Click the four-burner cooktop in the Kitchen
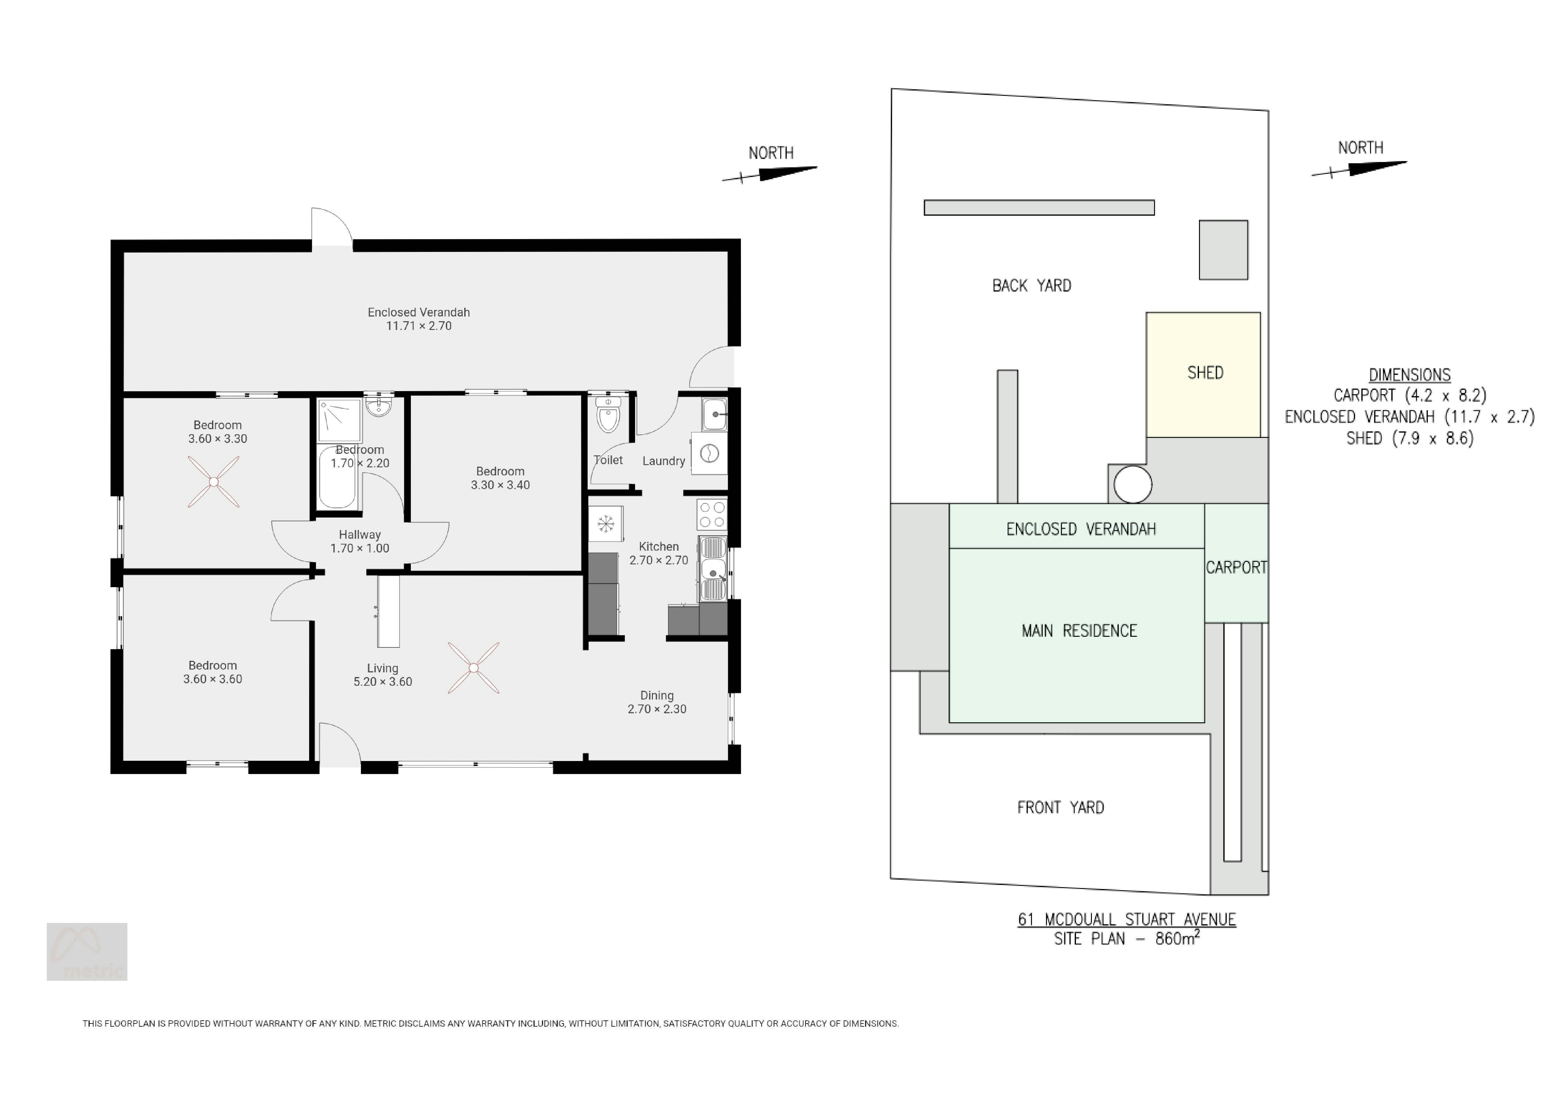point(712,514)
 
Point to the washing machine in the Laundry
point(709,454)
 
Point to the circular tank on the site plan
point(1133,484)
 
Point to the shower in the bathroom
point(340,420)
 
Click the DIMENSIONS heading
point(1409,375)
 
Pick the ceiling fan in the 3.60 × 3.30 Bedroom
point(213,481)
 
